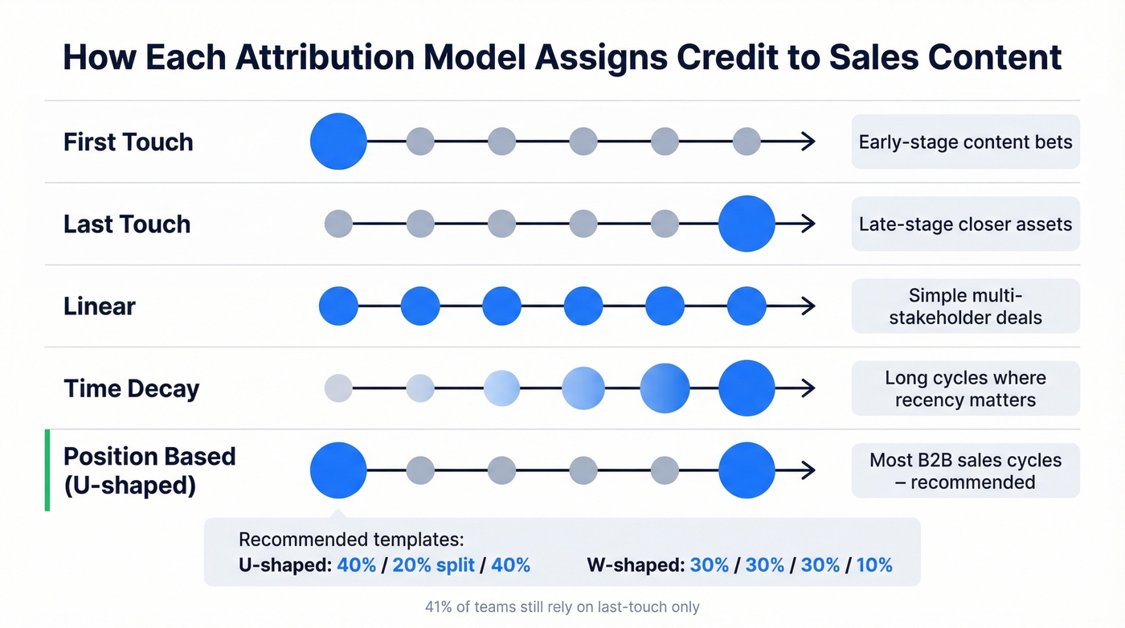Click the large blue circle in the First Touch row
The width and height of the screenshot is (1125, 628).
[x=338, y=142]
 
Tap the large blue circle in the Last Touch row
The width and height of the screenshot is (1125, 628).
[x=747, y=224]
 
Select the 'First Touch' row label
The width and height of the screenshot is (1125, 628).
[x=128, y=142]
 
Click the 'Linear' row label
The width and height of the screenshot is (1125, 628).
[x=100, y=306]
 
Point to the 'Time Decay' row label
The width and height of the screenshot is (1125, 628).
[x=131, y=388]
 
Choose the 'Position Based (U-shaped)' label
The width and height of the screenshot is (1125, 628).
[x=149, y=470]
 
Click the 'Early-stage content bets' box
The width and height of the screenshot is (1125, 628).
[x=965, y=142]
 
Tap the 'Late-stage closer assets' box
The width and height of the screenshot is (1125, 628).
[x=965, y=224]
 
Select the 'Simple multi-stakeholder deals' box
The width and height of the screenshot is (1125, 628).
[x=965, y=306]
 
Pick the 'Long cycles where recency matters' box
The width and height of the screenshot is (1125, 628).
[x=965, y=388]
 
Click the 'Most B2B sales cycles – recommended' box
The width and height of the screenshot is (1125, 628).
[x=965, y=470]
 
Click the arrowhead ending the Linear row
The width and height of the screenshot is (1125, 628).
[x=808, y=306]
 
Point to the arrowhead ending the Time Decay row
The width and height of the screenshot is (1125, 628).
[x=808, y=388]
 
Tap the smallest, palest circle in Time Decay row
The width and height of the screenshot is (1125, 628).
[x=338, y=388]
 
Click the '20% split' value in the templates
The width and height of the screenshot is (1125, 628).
[x=433, y=565]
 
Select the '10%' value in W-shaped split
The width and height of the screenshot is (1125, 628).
[x=874, y=565]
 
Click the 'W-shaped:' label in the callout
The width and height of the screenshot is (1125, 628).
[x=635, y=565]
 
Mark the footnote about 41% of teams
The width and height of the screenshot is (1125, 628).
[x=562, y=607]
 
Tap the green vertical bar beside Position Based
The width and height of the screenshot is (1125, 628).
[x=47, y=470]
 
